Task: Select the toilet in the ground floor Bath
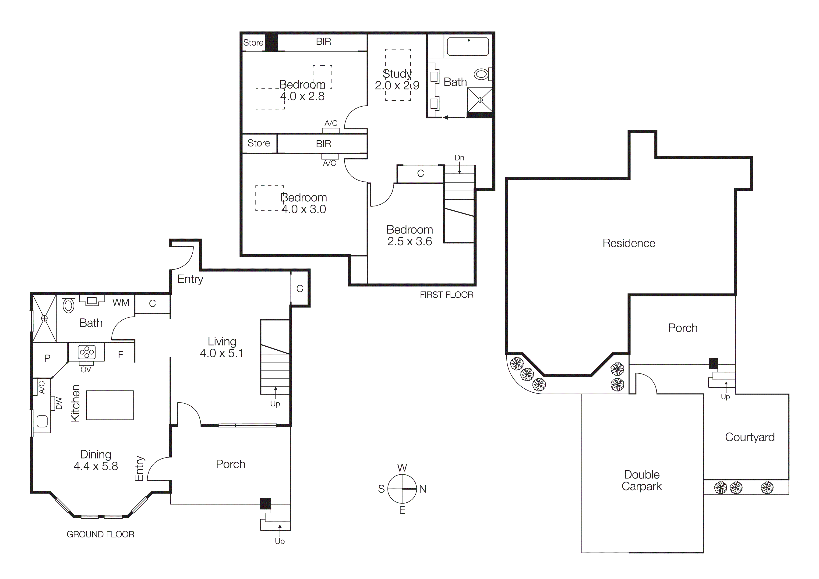pyautogui.click(x=68, y=306)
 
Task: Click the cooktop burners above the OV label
pyautogui.click(x=87, y=352)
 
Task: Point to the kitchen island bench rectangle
pyautogui.click(x=110, y=405)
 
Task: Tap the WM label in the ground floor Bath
pyautogui.click(x=120, y=302)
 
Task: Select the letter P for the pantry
pyautogui.click(x=47, y=358)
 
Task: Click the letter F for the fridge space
pyautogui.click(x=120, y=355)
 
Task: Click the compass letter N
pyautogui.click(x=423, y=489)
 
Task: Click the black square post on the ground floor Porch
pyautogui.click(x=265, y=503)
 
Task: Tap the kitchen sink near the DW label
pyautogui.click(x=42, y=421)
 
